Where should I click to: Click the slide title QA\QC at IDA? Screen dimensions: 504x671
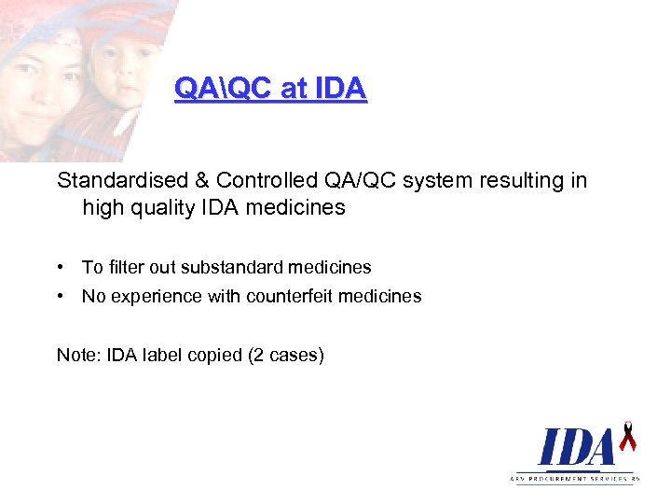click(x=270, y=89)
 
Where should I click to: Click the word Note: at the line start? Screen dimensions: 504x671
click(x=79, y=355)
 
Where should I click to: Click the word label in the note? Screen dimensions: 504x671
click(x=162, y=355)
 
